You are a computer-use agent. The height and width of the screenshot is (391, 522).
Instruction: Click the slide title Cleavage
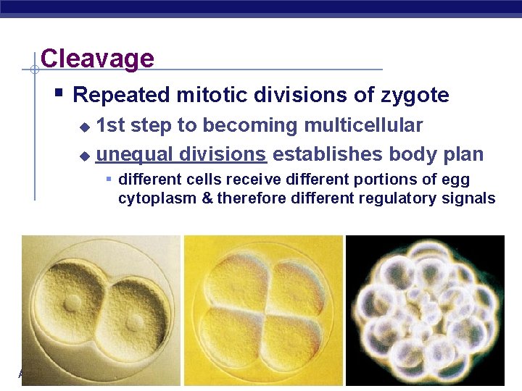[x=97, y=58]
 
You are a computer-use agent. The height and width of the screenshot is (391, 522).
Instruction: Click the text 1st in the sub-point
[x=110, y=125]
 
